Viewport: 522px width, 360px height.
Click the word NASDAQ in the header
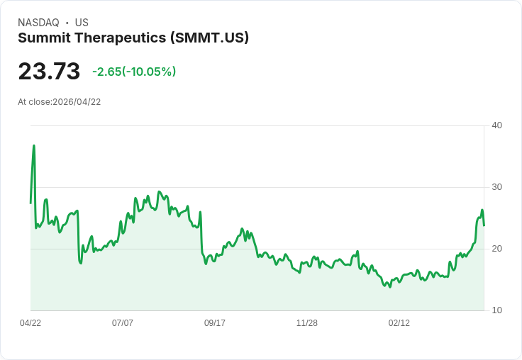[38, 23]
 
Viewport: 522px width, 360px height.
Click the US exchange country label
[82, 23]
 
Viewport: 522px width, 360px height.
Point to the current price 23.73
[49, 72]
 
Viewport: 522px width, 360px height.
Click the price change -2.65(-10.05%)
[134, 72]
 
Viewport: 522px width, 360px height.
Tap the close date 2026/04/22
[77, 102]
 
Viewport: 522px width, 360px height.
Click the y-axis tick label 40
[497, 125]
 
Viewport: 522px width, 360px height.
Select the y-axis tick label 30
[497, 187]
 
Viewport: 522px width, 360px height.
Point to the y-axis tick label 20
[497, 249]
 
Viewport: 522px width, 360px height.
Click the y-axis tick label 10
[497, 310]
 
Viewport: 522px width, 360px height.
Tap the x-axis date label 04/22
[30, 323]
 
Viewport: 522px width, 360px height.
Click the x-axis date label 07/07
[123, 323]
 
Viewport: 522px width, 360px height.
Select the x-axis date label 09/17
[215, 323]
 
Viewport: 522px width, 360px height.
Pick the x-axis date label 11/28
[307, 323]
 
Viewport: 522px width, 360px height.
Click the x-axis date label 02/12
[399, 323]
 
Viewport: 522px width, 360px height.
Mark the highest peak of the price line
[34, 146]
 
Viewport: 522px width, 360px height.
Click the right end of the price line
[484, 225]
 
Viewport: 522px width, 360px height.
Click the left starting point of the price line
[30, 203]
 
